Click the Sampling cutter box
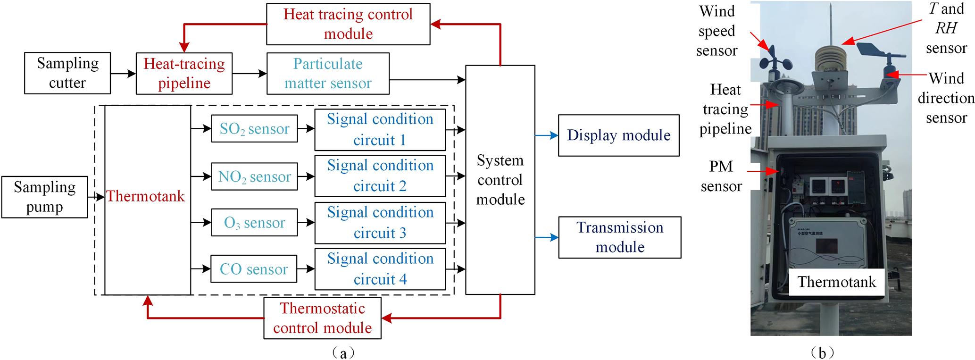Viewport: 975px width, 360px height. tap(67, 73)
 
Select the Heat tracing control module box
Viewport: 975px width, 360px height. tap(348, 24)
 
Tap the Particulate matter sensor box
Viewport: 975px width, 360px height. tap(328, 74)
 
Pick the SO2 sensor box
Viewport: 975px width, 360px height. tap(254, 128)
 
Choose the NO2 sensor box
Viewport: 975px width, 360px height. tap(254, 176)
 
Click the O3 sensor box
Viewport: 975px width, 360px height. tap(254, 222)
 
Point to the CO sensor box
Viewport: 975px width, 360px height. tap(254, 269)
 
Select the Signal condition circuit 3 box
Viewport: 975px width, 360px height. tap(380, 223)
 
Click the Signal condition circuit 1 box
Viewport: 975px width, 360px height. tap(380, 130)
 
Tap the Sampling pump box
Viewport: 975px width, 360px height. tap(44, 197)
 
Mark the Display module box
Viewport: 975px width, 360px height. tap(618, 135)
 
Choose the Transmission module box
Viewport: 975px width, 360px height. tap(619, 237)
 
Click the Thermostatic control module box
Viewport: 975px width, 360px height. tap(322, 318)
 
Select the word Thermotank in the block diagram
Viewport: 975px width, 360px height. tap(145, 196)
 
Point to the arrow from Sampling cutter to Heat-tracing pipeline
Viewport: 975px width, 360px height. tap(123, 74)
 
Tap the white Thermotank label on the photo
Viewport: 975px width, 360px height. tap(836, 282)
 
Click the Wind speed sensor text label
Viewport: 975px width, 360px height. tap(717, 31)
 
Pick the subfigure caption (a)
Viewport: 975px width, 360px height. tap(343, 352)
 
